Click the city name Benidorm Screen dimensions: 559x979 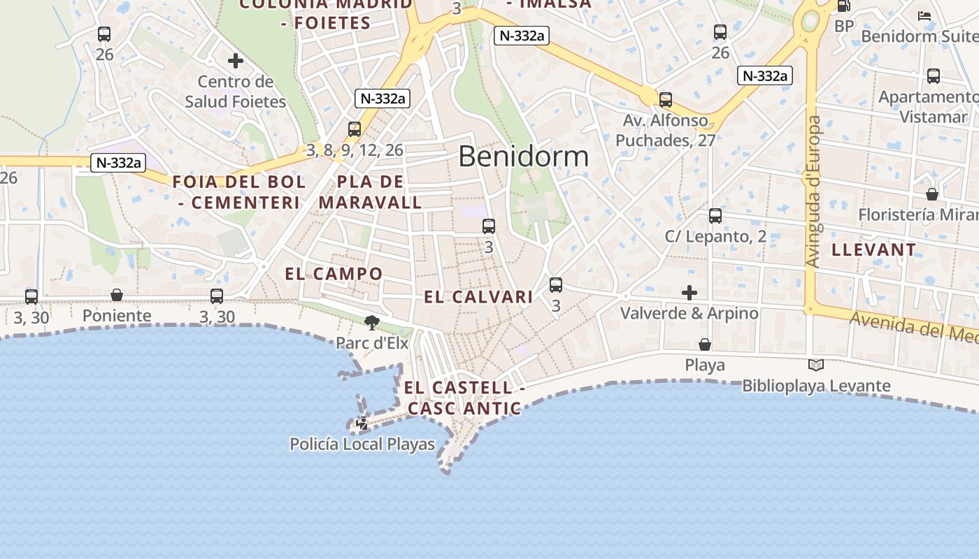point(523,157)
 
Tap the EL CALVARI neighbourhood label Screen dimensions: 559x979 point(478,297)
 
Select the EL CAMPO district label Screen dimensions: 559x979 point(334,273)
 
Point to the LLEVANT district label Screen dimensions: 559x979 point(873,249)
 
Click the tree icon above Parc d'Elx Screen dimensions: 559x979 point(371,322)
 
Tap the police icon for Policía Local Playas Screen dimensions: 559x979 point(362,423)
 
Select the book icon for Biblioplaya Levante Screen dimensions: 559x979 point(815,365)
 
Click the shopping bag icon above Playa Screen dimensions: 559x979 point(705,344)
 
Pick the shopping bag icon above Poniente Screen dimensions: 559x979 point(117,296)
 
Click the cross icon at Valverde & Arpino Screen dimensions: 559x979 point(689,293)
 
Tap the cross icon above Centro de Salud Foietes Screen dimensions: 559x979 point(236,61)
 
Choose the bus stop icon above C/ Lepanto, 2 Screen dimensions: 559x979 point(715,216)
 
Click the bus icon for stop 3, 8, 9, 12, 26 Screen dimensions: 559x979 point(355,129)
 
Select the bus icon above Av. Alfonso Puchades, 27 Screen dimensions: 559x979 point(666,100)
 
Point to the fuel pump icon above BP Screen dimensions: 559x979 point(844,6)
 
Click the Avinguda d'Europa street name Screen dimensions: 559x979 point(813,191)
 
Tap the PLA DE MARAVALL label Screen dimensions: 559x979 point(370,192)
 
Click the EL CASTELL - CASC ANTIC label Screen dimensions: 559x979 point(464,398)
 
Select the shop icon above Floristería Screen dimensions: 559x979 point(932,194)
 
